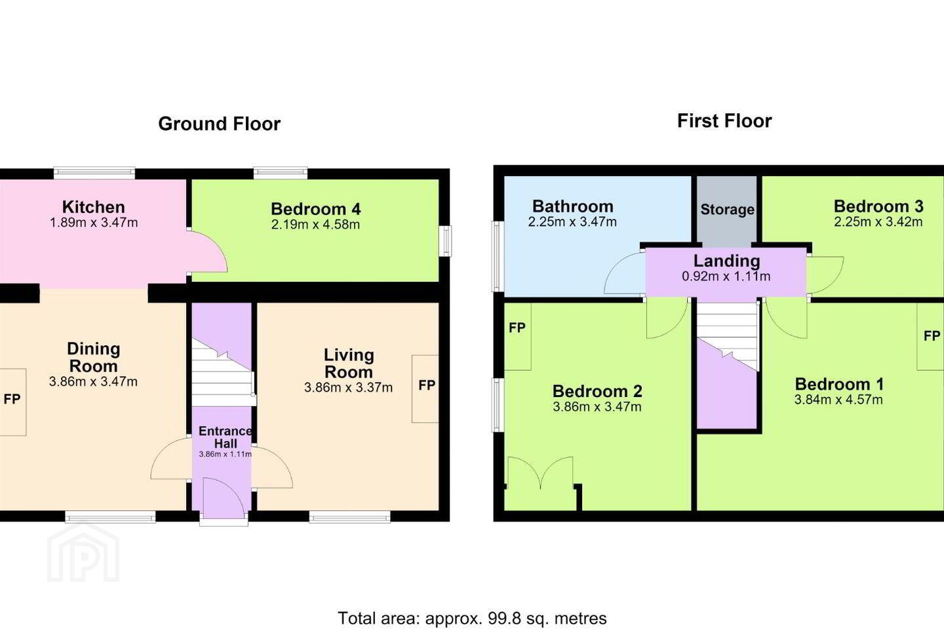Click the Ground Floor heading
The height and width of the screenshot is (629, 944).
[219, 124]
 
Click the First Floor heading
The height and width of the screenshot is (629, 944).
[724, 121]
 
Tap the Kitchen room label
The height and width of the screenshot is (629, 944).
[94, 207]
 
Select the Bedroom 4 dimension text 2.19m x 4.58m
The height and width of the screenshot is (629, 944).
[316, 225]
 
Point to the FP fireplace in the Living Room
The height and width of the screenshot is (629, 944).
[425, 389]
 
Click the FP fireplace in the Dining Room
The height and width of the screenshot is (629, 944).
[12, 402]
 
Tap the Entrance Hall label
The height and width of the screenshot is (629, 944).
[225, 437]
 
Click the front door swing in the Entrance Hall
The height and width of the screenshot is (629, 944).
[224, 497]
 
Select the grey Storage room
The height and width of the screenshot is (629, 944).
[727, 211]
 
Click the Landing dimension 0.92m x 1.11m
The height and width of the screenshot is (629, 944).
[726, 276]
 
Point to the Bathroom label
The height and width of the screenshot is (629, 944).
[573, 206]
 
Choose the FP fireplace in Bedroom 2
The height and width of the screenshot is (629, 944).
[517, 336]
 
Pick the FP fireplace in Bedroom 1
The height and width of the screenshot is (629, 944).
[930, 336]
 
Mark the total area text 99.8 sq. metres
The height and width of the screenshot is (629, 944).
[547, 618]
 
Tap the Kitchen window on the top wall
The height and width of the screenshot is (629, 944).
[94, 173]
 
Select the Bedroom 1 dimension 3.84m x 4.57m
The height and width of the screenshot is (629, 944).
[838, 400]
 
